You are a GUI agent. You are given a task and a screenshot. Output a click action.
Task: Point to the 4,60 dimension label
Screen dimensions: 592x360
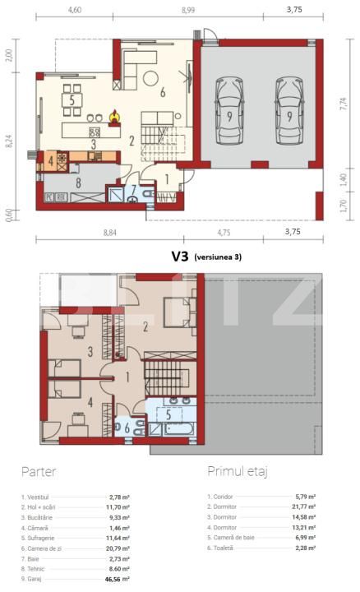click(74, 11)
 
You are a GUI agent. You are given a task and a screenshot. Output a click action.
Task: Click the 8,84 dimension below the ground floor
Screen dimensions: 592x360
click(109, 233)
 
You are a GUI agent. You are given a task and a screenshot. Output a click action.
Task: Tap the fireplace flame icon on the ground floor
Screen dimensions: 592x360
click(115, 113)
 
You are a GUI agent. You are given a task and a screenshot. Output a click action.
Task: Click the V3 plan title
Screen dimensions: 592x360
click(180, 256)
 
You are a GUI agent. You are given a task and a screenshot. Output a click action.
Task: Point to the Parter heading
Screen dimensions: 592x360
click(39, 474)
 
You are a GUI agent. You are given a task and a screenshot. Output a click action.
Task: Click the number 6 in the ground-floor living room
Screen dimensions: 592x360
click(163, 92)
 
